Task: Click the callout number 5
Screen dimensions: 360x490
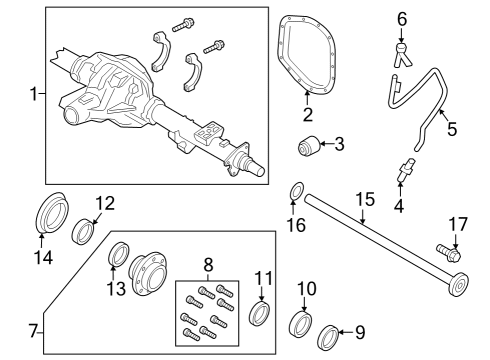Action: coord(451,128)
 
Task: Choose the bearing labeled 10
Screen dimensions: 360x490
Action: coord(300,326)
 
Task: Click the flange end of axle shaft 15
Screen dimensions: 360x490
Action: coord(458,288)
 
